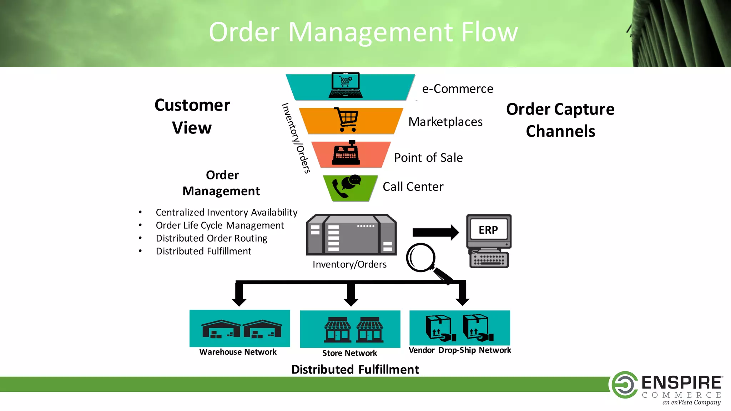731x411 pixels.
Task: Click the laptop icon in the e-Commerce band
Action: (346, 86)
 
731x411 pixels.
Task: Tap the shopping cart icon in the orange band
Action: (346, 120)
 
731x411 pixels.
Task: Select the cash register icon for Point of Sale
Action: (346, 154)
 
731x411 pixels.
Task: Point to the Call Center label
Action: (413, 187)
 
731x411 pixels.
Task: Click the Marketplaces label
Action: (445, 122)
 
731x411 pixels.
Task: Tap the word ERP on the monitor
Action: (488, 230)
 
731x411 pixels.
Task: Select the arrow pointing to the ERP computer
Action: (435, 233)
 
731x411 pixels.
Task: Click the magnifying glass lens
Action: (421, 257)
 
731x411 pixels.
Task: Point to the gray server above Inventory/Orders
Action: (351, 235)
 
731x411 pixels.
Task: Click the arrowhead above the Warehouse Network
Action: (239, 301)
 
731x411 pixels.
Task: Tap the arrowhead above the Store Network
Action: (351, 301)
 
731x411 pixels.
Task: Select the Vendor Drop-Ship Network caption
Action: (460, 350)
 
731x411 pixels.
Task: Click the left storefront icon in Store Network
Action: (337, 330)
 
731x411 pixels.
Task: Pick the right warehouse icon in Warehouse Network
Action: (262, 329)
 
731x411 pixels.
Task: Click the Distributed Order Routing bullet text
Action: (211, 238)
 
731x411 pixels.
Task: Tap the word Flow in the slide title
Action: (489, 32)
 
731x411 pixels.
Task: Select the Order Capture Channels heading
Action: (560, 120)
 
